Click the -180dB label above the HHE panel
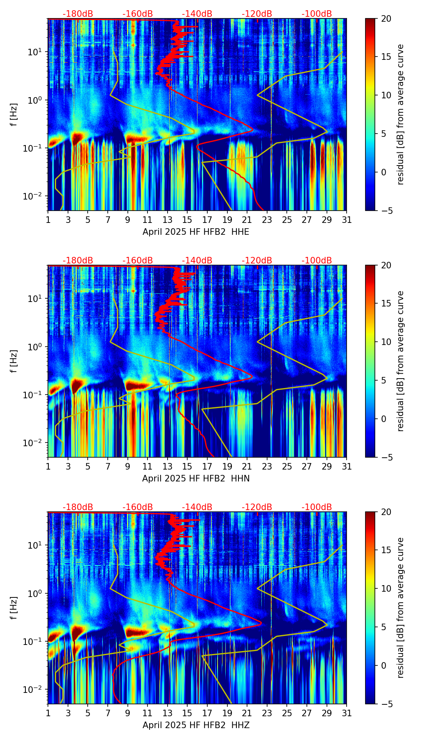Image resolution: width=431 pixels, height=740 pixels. click(x=78, y=14)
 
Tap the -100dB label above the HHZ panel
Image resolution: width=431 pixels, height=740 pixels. click(x=317, y=507)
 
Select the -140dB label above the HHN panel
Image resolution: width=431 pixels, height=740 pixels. click(x=197, y=261)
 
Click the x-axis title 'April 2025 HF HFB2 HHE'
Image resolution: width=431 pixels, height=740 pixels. click(x=196, y=232)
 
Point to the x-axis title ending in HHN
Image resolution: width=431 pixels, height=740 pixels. click(x=196, y=479)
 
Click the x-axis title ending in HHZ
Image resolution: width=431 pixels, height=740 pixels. click(x=196, y=725)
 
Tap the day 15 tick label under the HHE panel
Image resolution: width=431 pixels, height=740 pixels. click(x=187, y=220)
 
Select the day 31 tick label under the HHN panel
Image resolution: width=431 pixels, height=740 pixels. click(x=347, y=467)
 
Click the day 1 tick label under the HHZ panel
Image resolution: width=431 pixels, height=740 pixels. click(x=48, y=713)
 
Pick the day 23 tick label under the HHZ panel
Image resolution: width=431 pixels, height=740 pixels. click(x=267, y=713)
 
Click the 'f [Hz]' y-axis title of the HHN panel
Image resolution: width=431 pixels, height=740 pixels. click(x=14, y=361)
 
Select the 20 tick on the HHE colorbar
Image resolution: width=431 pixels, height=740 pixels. click(x=386, y=19)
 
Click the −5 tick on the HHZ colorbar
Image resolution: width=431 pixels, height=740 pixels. click(x=386, y=704)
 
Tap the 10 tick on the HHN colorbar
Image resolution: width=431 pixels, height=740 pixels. click(x=386, y=342)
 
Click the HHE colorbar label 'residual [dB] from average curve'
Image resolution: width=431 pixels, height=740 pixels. click(x=400, y=114)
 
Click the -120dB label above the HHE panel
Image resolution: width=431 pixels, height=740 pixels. click(x=257, y=14)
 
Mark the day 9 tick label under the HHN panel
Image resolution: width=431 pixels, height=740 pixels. click(x=128, y=467)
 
